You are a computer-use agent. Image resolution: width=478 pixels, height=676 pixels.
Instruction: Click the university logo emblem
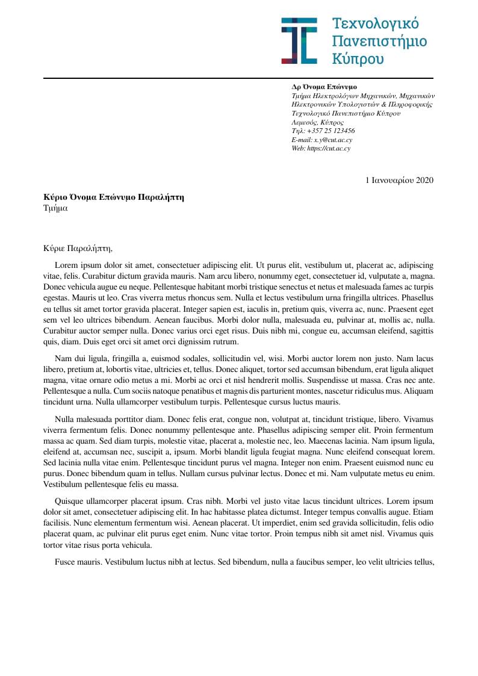pyautogui.click(x=299, y=40)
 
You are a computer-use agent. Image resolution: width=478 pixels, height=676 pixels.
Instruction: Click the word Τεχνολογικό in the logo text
pyautogui.click(x=376, y=24)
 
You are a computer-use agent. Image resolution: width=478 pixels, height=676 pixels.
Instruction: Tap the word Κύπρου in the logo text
pyautogui.click(x=358, y=58)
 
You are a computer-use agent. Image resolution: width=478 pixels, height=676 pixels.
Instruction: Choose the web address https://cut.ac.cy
pyautogui.click(x=329, y=148)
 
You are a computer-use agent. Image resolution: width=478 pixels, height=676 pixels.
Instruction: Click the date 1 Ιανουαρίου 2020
pyautogui.click(x=399, y=180)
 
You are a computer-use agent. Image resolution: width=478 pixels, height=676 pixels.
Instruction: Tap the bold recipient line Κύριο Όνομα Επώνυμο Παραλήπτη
pyautogui.click(x=114, y=197)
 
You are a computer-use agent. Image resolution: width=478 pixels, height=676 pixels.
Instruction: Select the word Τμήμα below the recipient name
pyautogui.click(x=55, y=208)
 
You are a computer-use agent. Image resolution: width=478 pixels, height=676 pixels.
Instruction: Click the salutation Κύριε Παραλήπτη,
pyautogui.click(x=78, y=247)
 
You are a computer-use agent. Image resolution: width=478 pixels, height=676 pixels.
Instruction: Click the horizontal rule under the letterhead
pyautogui.click(x=238, y=78)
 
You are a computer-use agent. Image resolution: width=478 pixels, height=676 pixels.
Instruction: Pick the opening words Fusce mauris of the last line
pyautogui.click(x=78, y=562)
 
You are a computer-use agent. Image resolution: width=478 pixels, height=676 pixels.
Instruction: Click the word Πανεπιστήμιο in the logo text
pyautogui.click(x=380, y=41)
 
